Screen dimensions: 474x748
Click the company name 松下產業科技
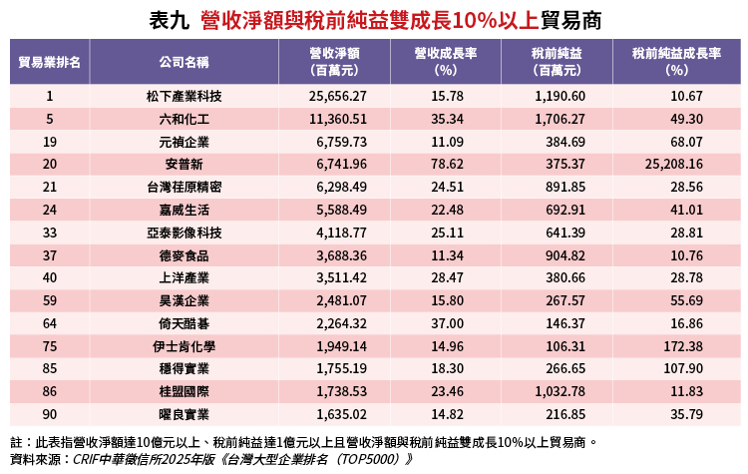(x=184, y=96)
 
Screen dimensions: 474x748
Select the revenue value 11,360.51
(x=339, y=119)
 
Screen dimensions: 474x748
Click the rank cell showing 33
(x=49, y=233)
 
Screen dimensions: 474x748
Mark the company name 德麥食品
(x=184, y=255)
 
